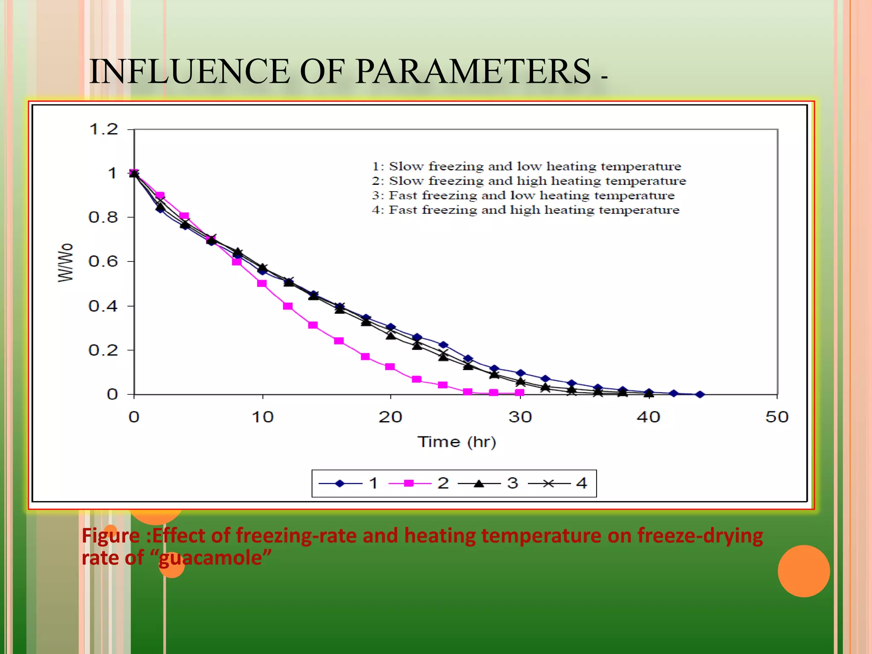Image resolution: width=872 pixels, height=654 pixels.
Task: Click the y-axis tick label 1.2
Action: point(103,129)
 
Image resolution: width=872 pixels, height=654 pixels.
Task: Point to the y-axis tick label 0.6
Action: point(103,261)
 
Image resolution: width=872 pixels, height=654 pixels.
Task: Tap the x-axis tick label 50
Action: point(777,417)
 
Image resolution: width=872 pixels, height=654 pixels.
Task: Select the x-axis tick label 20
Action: point(390,417)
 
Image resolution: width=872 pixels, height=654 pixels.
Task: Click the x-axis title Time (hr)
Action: point(456,442)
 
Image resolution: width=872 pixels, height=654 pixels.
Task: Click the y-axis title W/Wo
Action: point(66,262)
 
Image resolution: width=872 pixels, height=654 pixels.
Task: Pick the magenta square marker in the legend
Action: point(409,483)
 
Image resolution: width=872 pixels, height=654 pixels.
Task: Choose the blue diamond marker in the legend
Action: point(339,483)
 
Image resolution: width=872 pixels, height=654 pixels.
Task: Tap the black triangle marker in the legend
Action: point(479,483)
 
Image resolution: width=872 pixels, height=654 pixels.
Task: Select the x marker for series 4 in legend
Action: point(548,483)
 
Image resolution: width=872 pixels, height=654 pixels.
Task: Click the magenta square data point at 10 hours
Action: point(262,283)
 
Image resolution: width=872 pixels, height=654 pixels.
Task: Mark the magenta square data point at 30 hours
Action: point(519,393)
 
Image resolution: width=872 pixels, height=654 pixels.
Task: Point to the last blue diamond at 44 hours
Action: point(700,395)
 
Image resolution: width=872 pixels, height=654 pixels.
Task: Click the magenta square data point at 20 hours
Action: point(390,367)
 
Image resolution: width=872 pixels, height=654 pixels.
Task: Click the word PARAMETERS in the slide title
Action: point(473,71)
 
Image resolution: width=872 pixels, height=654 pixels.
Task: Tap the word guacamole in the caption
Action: point(215,558)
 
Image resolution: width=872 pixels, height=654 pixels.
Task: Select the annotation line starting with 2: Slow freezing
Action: point(528,181)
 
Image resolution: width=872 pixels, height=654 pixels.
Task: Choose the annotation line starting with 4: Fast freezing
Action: point(525,210)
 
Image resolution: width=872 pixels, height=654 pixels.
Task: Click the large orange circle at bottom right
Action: point(803,571)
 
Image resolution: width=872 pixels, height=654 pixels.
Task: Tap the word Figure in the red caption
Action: point(111,536)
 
